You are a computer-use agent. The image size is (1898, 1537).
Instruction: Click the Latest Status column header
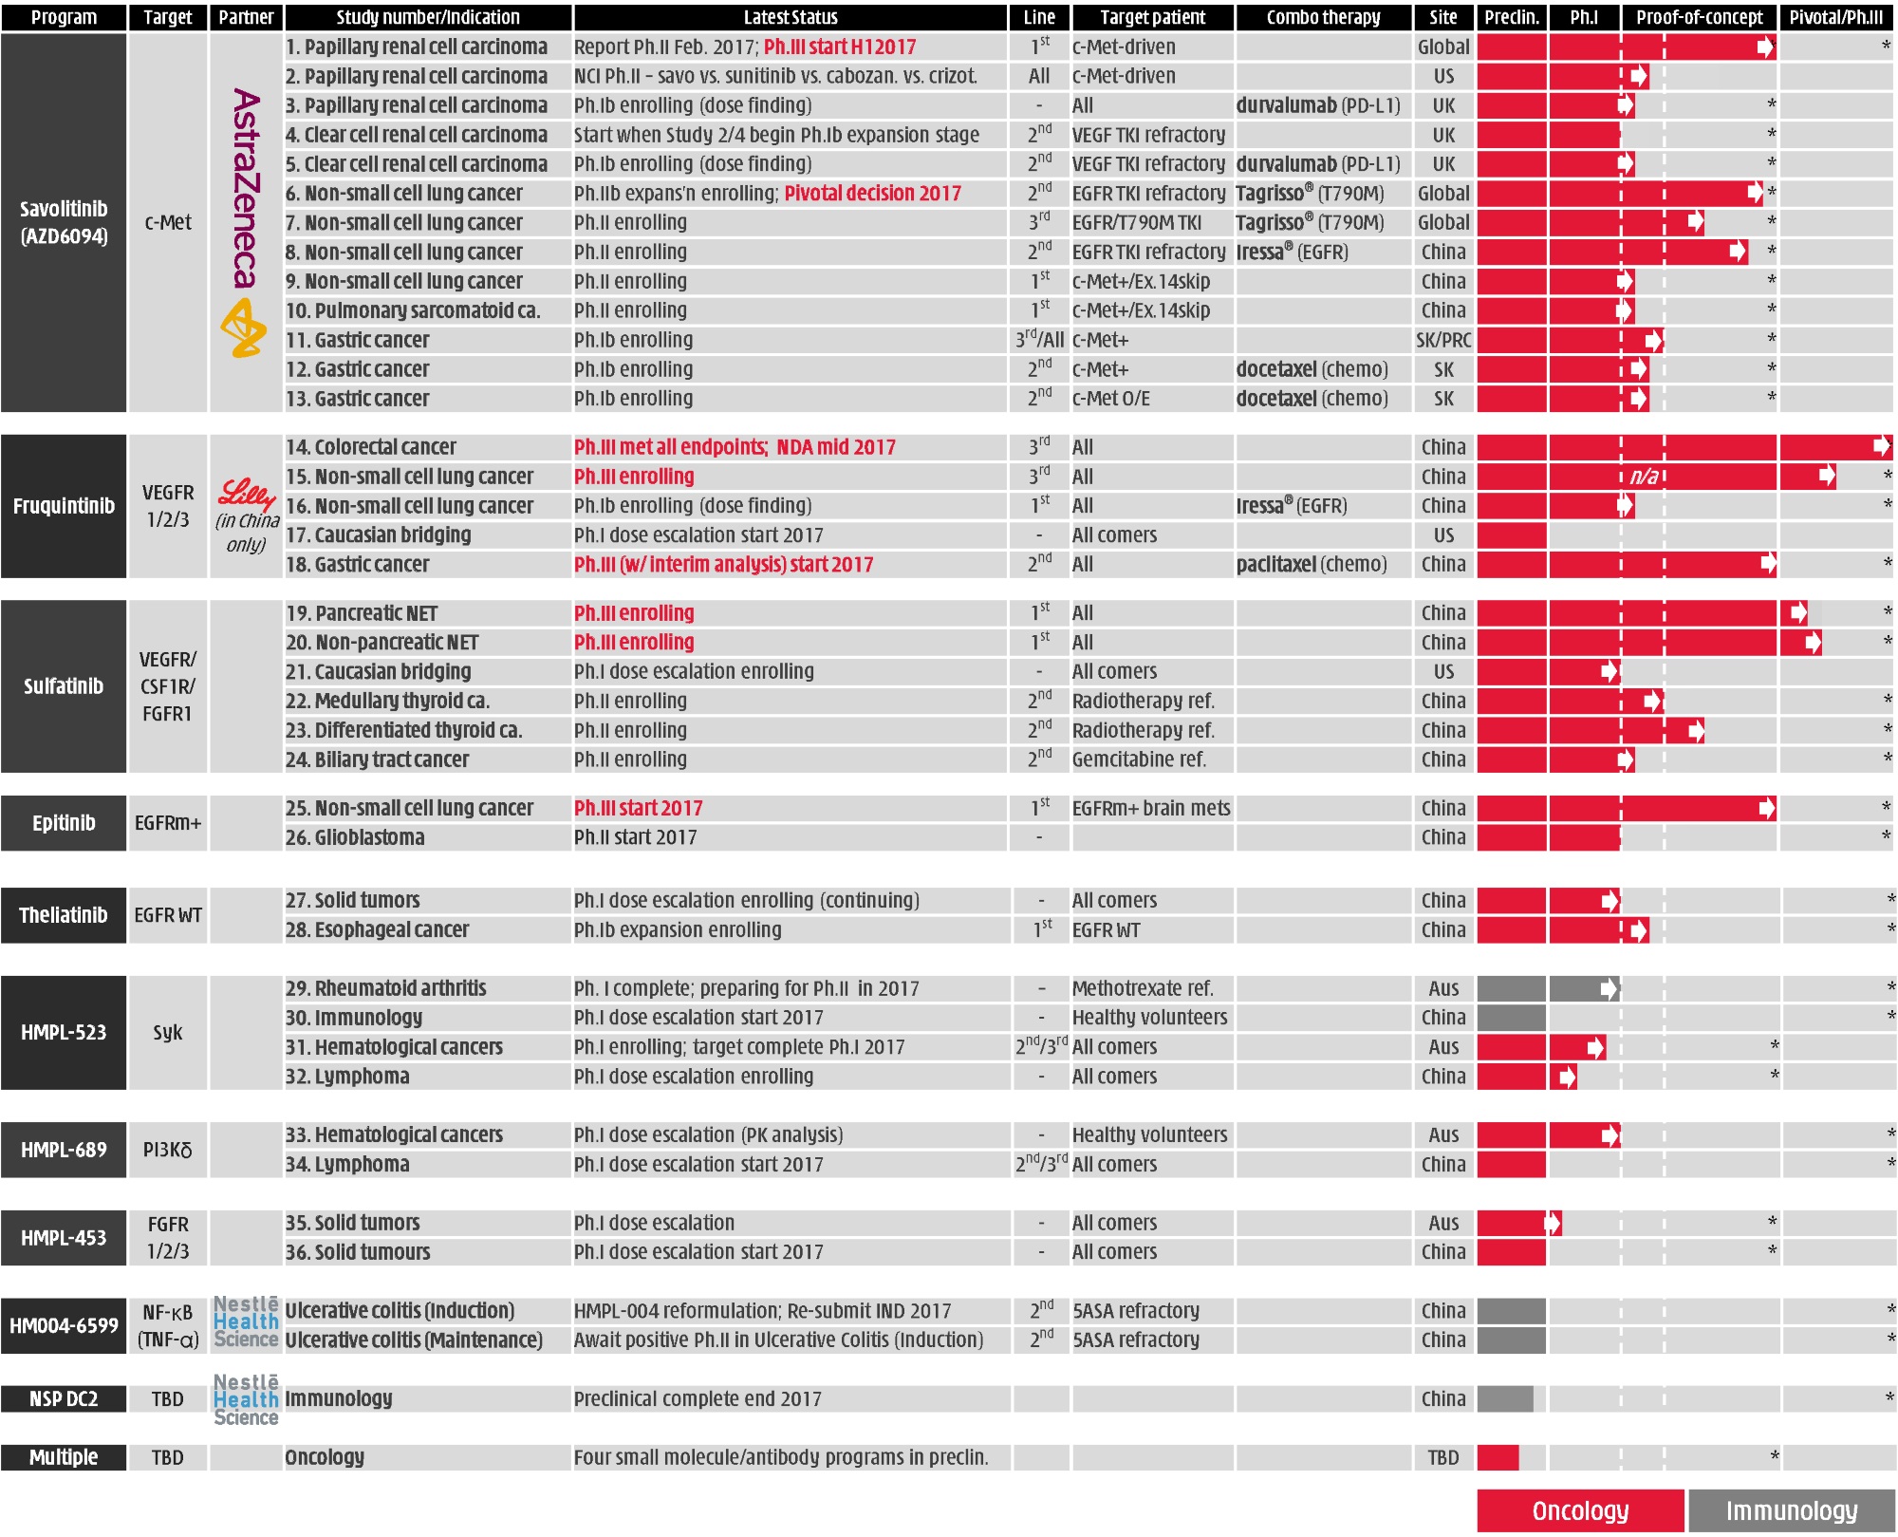click(790, 17)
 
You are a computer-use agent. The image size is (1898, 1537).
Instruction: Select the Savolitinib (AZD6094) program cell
click(64, 222)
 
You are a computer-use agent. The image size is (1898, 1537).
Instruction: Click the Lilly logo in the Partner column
click(246, 493)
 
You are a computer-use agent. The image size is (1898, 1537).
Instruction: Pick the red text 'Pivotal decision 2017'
click(872, 194)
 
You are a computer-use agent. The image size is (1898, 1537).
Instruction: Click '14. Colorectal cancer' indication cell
click(371, 447)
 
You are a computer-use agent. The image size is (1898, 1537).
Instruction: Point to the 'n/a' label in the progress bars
click(1644, 477)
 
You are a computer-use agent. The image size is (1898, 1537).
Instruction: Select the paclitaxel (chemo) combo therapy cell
click(1311, 565)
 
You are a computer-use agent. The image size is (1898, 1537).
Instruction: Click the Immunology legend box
click(1791, 1509)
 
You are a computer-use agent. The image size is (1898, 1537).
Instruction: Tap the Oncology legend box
click(1580, 1509)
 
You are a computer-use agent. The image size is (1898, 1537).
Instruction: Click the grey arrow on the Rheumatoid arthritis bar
click(1608, 989)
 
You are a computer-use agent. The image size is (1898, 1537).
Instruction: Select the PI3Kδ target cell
click(168, 1150)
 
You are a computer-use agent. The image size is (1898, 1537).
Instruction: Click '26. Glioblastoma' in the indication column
click(355, 837)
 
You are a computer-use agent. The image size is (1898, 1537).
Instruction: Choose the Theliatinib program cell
click(64, 915)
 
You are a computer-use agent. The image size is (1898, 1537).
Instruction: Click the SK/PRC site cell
click(1442, 340)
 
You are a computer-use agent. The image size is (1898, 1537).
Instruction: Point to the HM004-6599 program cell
click(64, 1325)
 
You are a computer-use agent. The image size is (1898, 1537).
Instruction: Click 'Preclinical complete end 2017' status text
click(698, 1398)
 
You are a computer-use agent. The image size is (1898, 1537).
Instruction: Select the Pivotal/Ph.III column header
click(1835, 17)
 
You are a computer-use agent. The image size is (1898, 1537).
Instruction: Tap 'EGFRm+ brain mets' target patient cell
click(1151, 809)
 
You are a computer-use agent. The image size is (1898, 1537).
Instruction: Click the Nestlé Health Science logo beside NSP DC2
click(246, 1399)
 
